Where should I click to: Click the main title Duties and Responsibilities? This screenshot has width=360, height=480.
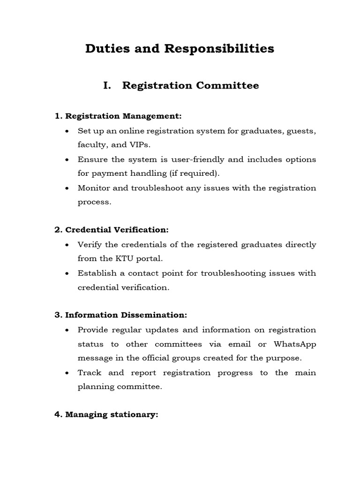tap(180, 49)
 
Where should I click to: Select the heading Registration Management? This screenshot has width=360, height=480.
tap(123, 116)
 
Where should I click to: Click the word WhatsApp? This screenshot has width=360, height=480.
tap(295, 344)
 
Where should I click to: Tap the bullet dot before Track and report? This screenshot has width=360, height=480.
tap(68, 373)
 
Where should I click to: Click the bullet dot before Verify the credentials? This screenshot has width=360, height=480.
tap(68, 245)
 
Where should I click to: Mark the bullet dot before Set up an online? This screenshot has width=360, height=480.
tap(68, 131)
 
